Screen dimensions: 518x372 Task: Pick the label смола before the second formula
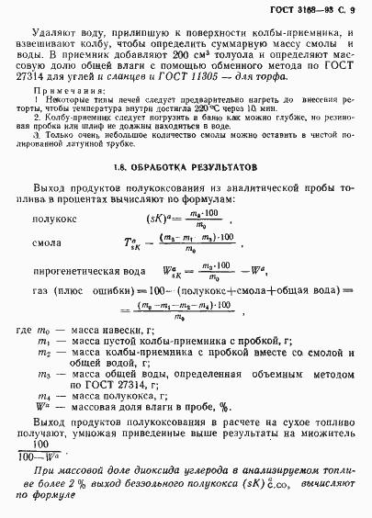click(73, 246)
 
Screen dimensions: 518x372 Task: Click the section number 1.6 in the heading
click(129, 168)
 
